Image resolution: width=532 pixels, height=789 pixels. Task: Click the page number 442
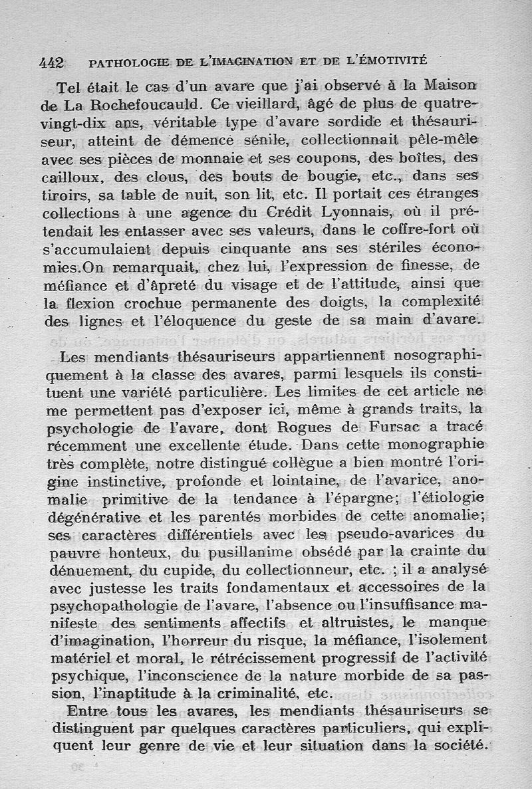(51, 63)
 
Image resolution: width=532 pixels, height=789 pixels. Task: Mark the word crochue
(146, 303)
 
